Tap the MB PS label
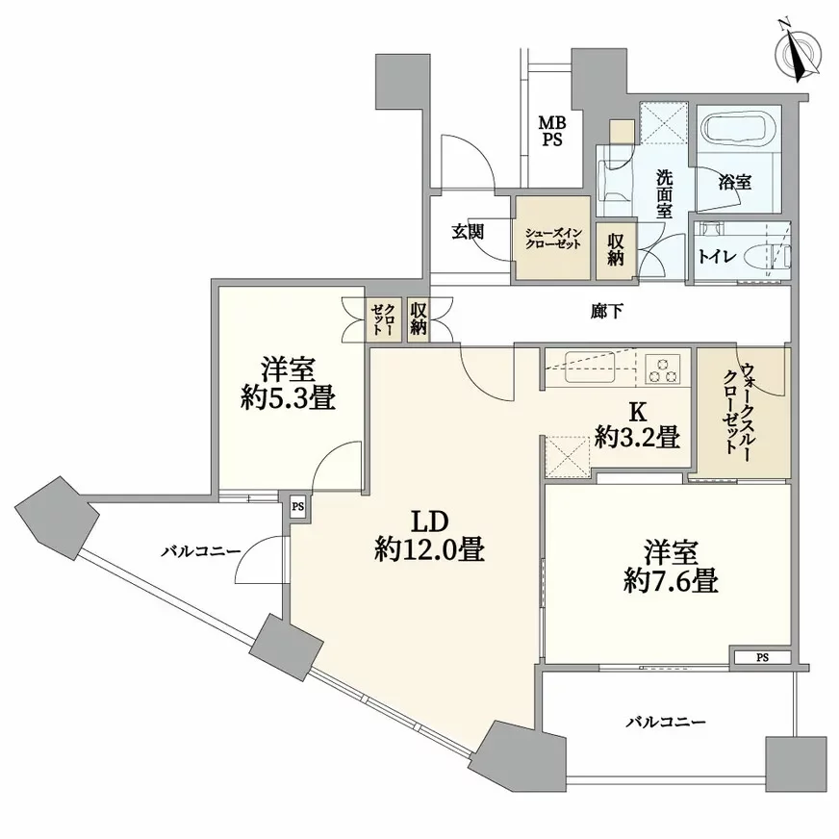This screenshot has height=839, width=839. click(x=551, y=131)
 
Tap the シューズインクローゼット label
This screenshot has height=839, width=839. click(x=553, y=238)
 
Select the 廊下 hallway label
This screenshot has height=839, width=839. click(x=603, y=312)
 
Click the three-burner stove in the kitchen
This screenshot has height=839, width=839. click(x=663, y=367)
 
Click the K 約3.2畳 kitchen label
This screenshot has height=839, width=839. click(x=637, y=425)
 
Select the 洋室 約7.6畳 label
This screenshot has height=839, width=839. click(x=671, y=567)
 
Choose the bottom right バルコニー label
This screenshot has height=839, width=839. click(x=667, y=721)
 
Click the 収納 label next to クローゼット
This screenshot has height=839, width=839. click(x=418, y=318)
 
